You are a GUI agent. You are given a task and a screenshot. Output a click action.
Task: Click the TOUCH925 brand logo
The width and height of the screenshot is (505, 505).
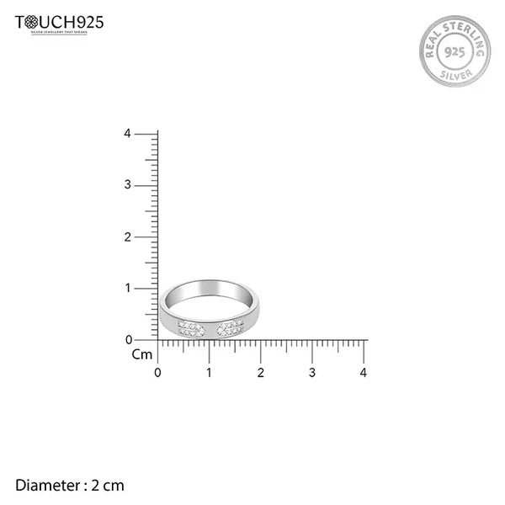tap(60, 23)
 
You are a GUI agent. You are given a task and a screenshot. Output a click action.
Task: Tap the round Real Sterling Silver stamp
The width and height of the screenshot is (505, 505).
tap(454, 51)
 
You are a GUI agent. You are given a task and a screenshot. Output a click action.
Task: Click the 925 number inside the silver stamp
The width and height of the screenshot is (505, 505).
tap(454, 51)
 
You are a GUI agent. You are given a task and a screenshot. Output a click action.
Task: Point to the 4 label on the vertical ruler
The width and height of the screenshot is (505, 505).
tap(127, 134)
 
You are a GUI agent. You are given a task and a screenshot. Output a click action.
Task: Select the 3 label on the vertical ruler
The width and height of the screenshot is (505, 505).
tap(127, 185)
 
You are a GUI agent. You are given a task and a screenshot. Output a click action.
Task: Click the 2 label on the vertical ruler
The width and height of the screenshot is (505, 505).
tap(127, 237)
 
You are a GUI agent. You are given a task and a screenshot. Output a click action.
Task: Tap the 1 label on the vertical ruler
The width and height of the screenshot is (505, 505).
tap(127, 288)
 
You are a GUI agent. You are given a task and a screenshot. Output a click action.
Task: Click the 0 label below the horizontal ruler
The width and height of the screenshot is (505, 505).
tap(158, 372)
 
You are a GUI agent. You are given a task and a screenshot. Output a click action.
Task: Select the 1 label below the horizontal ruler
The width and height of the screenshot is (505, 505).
tap(210, 372)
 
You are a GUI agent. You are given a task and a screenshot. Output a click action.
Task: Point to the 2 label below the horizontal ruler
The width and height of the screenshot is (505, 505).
tap(261, 372)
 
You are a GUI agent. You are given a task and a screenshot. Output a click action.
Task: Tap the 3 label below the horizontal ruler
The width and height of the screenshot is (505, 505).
tap(312, 372)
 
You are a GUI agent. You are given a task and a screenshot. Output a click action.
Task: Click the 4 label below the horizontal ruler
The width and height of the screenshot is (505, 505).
tap(364, 372)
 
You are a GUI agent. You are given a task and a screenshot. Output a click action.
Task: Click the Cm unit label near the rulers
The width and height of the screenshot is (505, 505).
tap(142, 354)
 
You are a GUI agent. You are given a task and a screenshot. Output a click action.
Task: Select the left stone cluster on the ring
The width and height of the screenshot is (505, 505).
tap(191, 328)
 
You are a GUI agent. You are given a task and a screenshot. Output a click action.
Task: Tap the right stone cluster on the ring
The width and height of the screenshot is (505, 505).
tap(230, 327)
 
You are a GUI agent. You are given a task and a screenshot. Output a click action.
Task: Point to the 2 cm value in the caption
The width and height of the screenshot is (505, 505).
tap(108, 485)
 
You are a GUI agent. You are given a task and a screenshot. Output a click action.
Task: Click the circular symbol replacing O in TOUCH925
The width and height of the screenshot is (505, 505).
tap(33, 22)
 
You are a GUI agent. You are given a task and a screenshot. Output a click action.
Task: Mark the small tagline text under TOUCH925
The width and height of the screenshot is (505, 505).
tap(60, 33)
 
